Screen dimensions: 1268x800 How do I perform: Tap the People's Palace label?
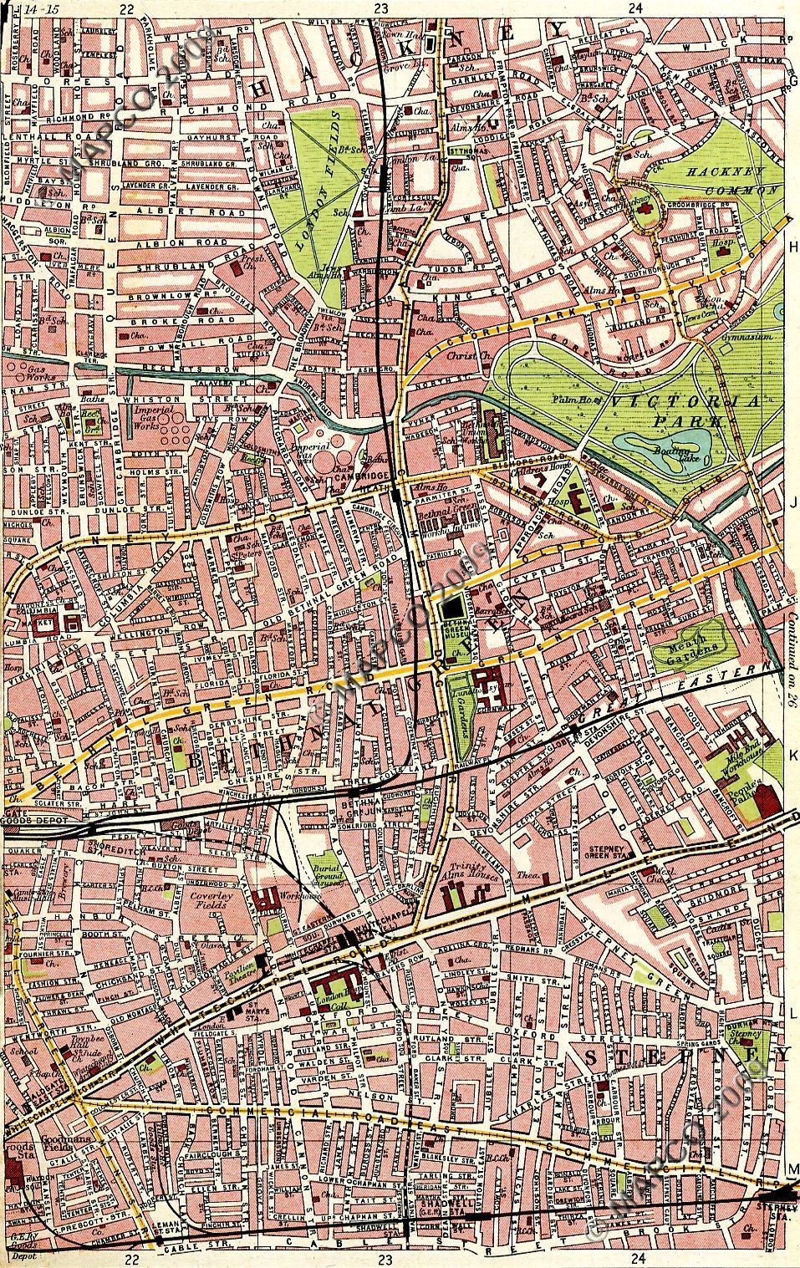[746, 787]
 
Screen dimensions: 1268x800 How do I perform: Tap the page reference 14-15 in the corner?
[37, 8]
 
